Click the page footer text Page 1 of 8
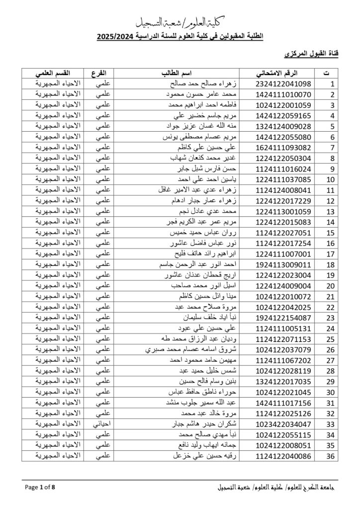point(40,487)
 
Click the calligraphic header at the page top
point(180,21)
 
